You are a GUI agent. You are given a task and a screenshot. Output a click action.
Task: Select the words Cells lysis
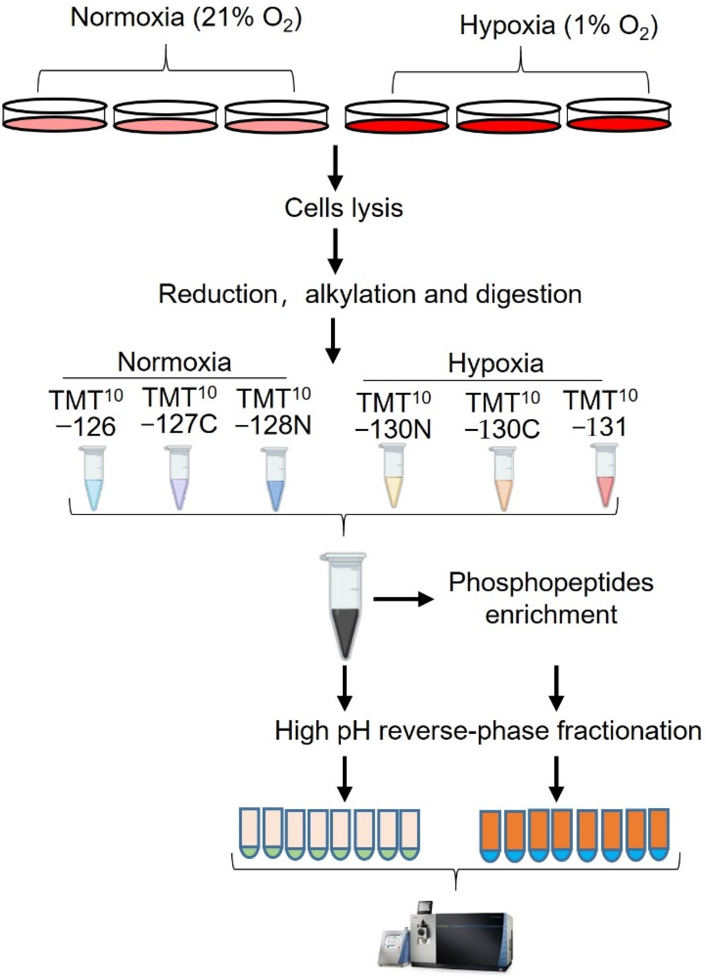point(344,208)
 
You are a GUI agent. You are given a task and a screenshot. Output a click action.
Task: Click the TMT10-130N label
point(394,415)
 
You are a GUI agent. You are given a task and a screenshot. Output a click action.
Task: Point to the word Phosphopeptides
point(551,583)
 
